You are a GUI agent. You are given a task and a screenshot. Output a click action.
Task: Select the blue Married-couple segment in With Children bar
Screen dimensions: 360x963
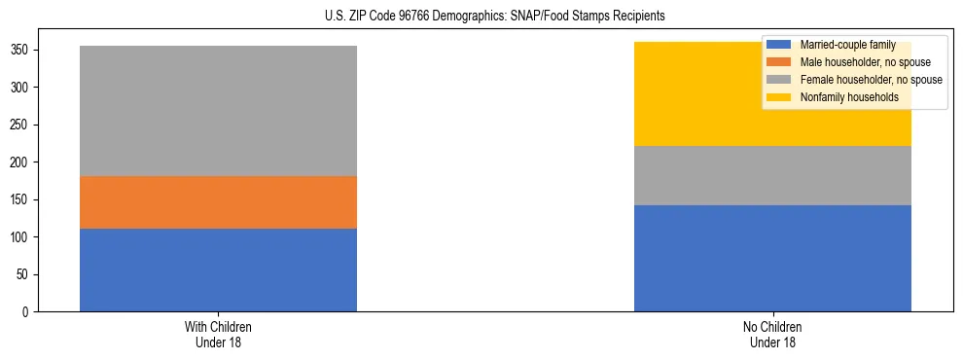pos(218,270)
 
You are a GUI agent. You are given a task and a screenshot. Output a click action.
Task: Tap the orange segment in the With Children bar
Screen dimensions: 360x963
pos(218,202)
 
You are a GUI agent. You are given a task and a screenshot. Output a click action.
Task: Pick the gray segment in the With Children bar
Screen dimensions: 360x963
pos(218,111)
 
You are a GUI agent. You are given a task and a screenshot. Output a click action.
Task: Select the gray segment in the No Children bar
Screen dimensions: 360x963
pos(772,175)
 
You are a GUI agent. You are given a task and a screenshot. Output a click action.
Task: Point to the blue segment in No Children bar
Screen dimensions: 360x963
pos(772,258)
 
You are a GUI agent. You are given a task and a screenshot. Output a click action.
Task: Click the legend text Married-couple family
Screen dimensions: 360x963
pos(847,45)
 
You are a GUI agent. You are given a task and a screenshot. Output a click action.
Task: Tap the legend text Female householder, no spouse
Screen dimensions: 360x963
pos(871,80)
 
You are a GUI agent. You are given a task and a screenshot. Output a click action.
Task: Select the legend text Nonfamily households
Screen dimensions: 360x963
pos(842,97)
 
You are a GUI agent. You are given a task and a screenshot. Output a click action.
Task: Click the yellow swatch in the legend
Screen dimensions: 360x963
pos(779,97)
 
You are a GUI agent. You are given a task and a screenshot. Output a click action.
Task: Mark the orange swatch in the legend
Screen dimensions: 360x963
pos(779,62)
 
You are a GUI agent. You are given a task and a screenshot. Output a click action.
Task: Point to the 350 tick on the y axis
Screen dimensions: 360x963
pos(22,50)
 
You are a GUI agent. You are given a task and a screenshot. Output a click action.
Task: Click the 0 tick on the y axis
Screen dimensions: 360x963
pos(29,312)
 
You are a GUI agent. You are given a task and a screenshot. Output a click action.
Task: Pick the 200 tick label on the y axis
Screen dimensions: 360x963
pos(22,162)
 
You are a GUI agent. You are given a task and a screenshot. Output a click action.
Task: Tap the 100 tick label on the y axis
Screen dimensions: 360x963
pos(22,237)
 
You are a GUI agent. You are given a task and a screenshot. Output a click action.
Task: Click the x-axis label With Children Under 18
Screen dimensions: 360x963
pos(218,334)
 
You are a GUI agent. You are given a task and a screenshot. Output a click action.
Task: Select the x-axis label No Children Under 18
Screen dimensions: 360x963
pos(772,334)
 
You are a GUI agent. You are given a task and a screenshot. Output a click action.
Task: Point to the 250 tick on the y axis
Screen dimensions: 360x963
pos(22,125)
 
